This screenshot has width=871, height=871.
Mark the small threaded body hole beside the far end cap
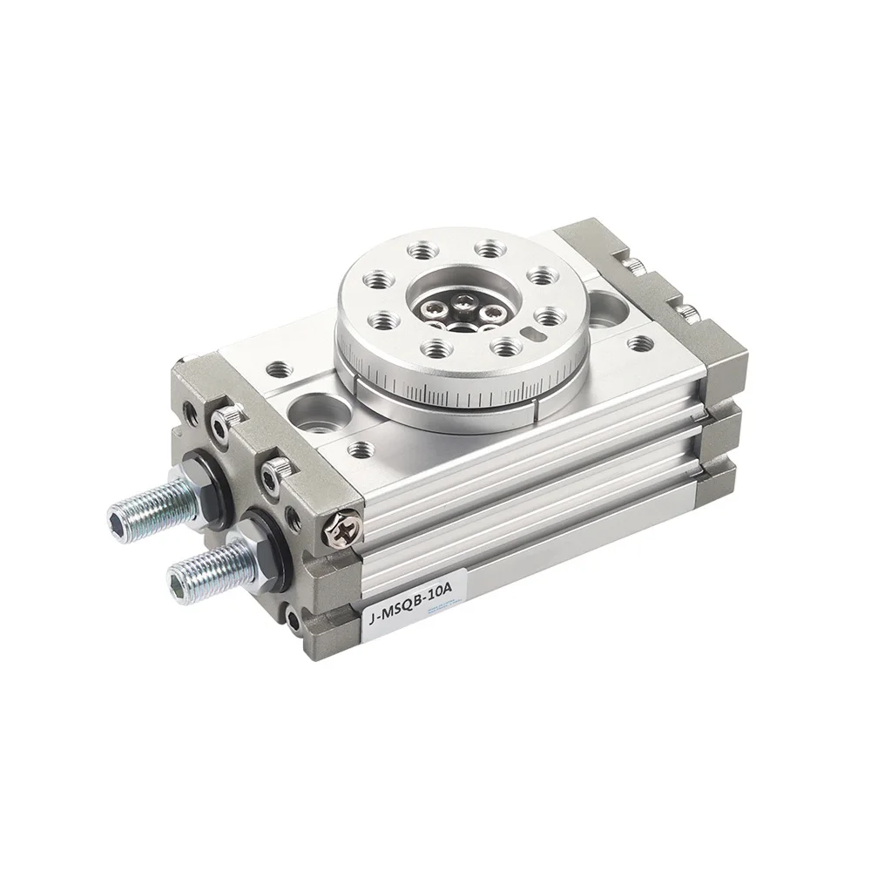click(643, 343)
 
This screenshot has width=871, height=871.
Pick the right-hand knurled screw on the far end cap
click(687, 311)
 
